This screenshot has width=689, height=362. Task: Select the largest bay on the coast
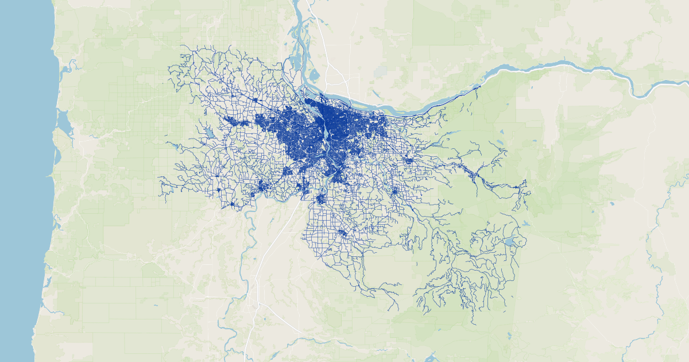[x=63, y=124]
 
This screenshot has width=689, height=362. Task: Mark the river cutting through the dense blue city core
[x=327, y=138]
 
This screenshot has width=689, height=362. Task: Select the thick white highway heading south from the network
[x=261, y=276]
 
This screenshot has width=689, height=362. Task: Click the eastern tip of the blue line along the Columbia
[x=480, y=86]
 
